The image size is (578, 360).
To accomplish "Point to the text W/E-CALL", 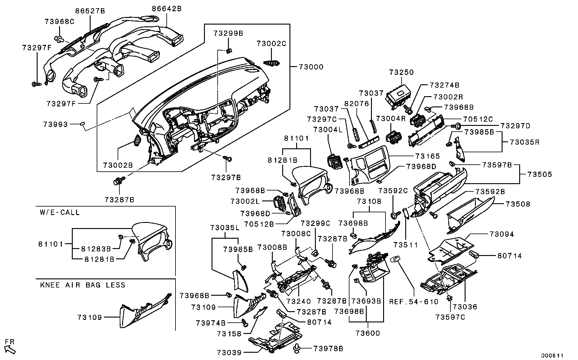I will pyautogui.click(x=60, y=212).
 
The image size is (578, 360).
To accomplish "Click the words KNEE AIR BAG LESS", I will pyautogui.click(x=82, y=285).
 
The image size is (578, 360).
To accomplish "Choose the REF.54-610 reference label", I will pyautogui.click(x=414, y=302).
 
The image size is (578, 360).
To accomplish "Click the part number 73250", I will pyautogui.click(x=402, y=72).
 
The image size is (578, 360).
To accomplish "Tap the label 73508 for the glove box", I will pyautogui.click(x=518, y=204).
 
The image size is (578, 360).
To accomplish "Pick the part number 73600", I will pyautogui.click(x=368, y=333).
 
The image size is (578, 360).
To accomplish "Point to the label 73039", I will pyautogui.click(x=229, y=353).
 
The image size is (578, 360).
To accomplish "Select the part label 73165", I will pyautogui.click(x=427, y=156).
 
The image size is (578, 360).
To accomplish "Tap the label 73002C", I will pyautogui.click(x=271, y=44).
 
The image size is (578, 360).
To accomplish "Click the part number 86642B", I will pyautogui.click(x=166, y=9).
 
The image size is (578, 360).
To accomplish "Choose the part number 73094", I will pyautogui.click(x=502, y=234).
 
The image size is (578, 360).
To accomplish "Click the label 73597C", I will pyautogui.click(x=450, y=317).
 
